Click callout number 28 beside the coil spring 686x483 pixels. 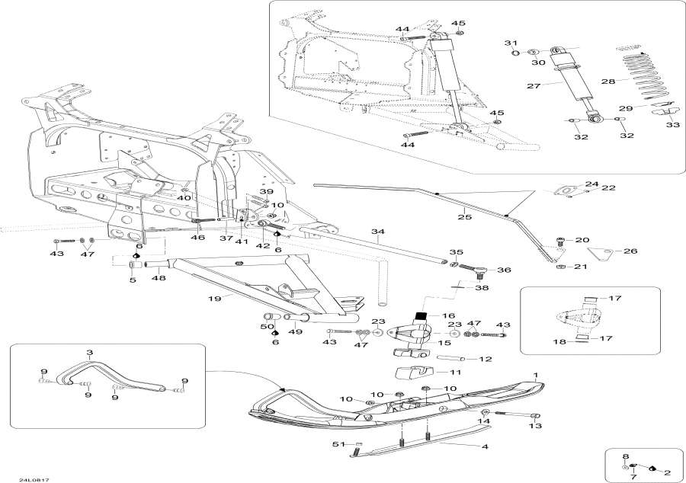point(607,82)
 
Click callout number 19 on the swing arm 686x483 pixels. point(216,299)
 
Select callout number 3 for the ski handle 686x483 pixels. point(89,353)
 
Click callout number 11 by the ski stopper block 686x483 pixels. point(455,373)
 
